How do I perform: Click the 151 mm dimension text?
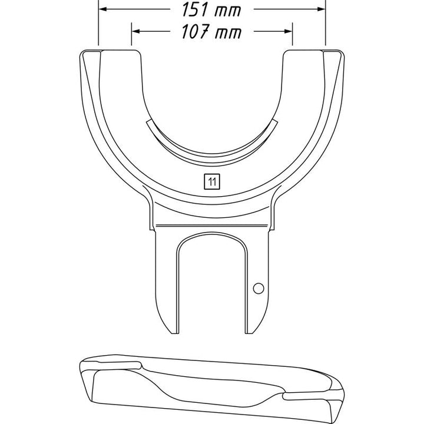(210, 10)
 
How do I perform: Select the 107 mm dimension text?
(210, 32)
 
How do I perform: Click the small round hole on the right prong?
(257, 287)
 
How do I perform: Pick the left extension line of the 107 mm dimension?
(131, 38)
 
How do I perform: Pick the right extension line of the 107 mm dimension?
(293, 38)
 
